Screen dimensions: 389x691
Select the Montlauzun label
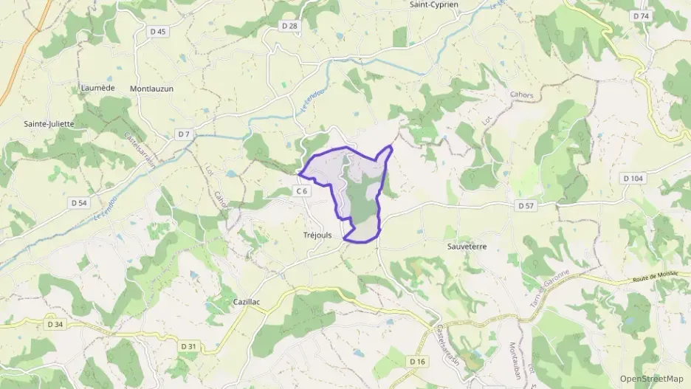[151, 89]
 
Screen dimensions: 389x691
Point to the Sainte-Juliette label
[49, 124]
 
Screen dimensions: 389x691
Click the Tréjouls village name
[318, 235]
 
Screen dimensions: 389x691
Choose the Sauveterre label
[467, 246]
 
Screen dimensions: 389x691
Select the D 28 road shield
[289, 26]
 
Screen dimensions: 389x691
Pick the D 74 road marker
[641, 16]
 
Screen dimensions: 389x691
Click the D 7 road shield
[184, 134]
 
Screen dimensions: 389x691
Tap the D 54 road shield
[79, 202]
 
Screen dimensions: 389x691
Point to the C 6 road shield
[301, 191]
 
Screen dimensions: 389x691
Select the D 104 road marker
[633, 179]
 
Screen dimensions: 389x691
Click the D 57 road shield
[526, 205]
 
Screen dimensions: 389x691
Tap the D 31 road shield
[188, 346]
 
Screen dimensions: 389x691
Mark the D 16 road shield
[418, 361]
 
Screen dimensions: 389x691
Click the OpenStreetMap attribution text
[652, 379]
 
